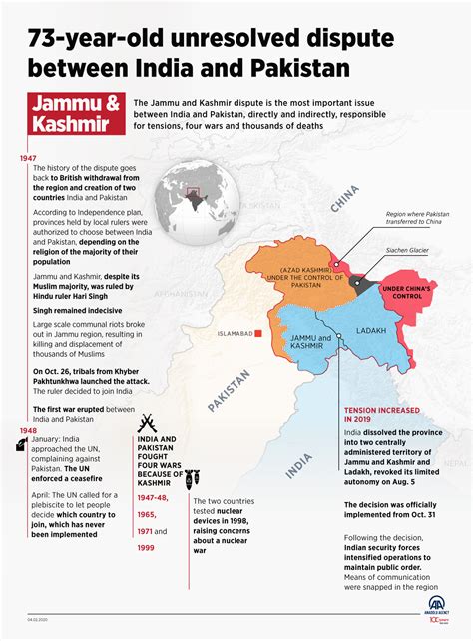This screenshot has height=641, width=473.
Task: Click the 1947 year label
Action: [x=29, y=158]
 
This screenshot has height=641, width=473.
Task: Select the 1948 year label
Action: [x=29, y=431]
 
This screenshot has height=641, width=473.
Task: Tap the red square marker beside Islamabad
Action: [x=257, y=334]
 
